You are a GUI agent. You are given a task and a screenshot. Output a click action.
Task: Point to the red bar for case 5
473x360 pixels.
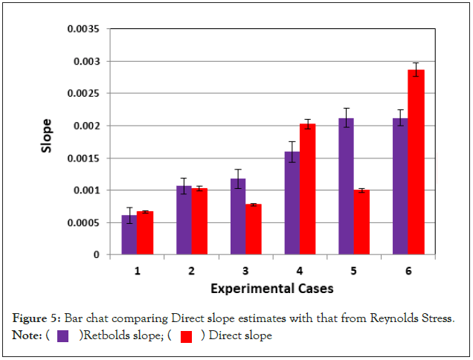[x=362, y=222]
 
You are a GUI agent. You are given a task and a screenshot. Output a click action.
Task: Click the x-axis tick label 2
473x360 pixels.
[x=192, y=271]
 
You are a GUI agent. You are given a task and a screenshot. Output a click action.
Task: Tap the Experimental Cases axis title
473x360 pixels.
[x=272, y=287]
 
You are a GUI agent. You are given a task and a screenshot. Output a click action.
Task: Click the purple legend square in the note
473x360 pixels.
[x=64, y=336]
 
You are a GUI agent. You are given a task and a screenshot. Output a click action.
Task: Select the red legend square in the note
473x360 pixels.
[x=187, y=336]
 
